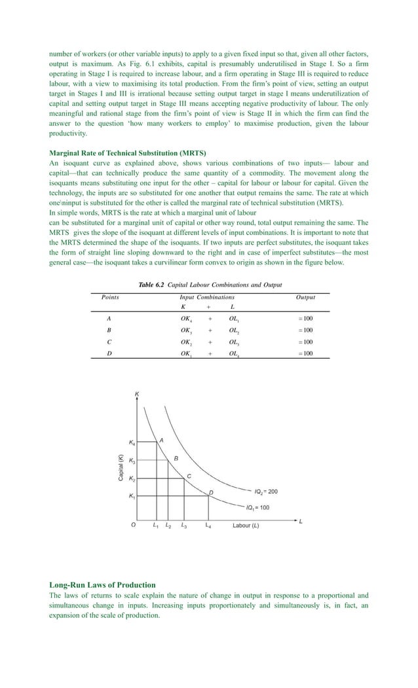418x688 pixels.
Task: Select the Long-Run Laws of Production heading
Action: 103,584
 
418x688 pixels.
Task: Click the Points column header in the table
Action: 110,297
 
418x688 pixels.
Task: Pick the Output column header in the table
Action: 305,297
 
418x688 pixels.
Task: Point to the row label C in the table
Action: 108,342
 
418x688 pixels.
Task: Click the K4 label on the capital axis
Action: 132,443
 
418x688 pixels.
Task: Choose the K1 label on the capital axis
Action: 132,498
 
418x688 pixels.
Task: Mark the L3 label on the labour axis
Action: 184,526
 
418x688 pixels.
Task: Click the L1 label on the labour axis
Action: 155,526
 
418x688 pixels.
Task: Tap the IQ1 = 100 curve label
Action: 257,507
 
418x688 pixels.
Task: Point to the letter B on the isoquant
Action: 176,459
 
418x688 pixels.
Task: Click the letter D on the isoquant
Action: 211,492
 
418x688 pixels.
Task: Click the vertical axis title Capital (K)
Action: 121,467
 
